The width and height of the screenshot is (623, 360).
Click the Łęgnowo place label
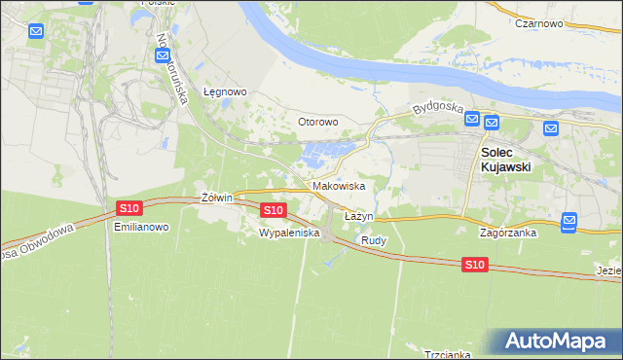click(225, 91)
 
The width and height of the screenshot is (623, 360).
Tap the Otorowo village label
click(317, 122)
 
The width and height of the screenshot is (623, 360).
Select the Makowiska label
click(339, 185)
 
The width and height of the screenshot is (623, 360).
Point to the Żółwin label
click(216, 197)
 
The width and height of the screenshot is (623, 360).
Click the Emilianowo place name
click(142, 227)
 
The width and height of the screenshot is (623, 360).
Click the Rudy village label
click(375, 239)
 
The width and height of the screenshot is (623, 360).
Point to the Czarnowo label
click(542, 22)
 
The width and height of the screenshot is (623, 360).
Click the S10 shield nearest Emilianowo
click(129, 208)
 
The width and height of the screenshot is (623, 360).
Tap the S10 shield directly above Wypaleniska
click(274, 210)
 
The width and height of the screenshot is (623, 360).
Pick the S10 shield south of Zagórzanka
click(474, 265)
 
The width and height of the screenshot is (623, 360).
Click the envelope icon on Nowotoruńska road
click(163, 55)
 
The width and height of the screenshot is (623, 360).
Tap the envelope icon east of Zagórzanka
click(569, 221)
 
